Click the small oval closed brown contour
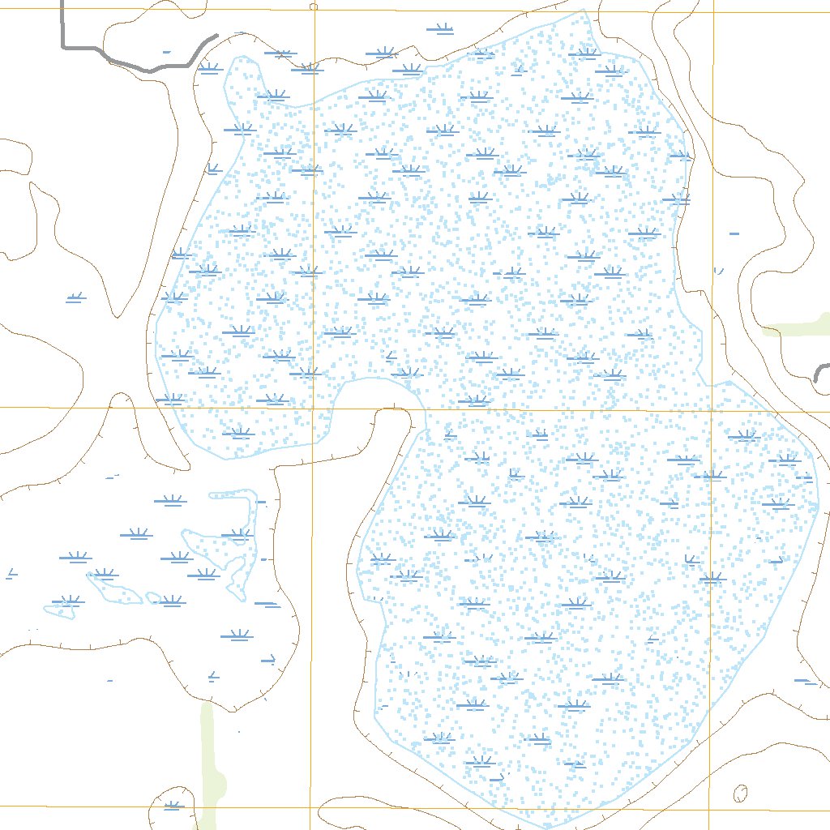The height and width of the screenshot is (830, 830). point(740,793)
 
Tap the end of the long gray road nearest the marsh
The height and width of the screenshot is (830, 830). point(216,36)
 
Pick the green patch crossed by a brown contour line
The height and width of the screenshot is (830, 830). point(798,327)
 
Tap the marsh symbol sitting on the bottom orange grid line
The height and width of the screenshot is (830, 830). point(172,806)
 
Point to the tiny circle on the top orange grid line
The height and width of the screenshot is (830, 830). point(314,6)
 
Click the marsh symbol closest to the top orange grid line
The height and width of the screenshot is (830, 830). point(441,31)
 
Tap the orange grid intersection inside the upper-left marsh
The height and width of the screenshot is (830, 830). point(314,409)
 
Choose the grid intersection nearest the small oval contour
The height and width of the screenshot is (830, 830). point(710,808)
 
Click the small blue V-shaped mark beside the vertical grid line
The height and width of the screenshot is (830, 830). point(718,271)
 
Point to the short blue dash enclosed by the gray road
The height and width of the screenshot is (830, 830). point(166,52)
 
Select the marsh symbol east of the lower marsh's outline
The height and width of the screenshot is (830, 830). point(804,681)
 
